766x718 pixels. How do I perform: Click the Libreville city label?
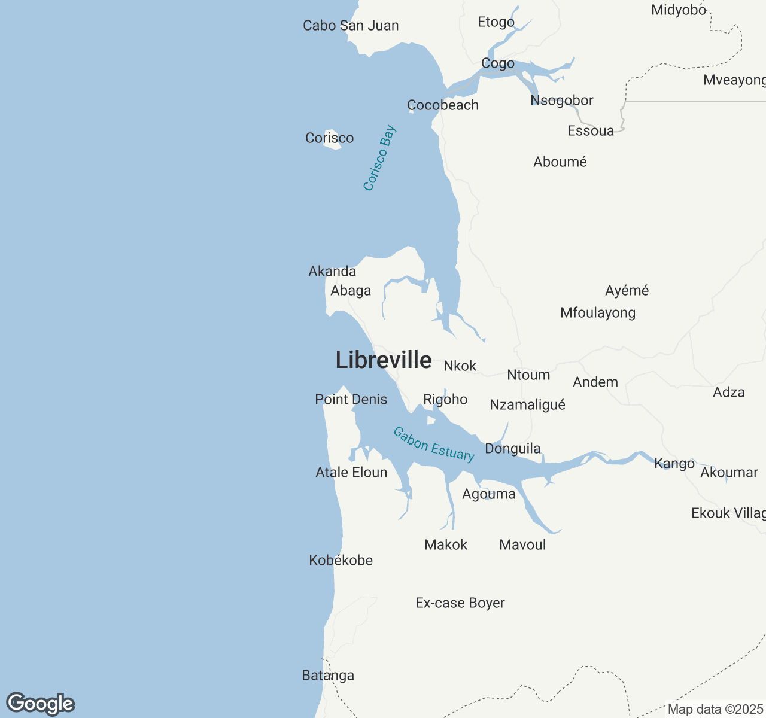click(x=384, y=360)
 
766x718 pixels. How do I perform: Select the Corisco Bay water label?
click(x=380, y=158)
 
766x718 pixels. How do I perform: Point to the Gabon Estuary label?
click(x=434, y=444)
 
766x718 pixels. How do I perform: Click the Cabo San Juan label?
click(x=351, y=26)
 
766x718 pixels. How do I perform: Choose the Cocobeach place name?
click(x=443, y=105)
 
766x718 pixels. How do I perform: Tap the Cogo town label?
click(x=498, y=63)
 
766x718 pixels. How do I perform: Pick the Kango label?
click(x=674, y=464)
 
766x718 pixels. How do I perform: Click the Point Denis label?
click(x=351, y=400)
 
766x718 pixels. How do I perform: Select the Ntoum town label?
click(x=528, y=375)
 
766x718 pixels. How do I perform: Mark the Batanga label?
click(x=328, y=676)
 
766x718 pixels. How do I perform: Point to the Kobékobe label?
click(x=341, y=561)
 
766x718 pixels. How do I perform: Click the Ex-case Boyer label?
click(x=460, y=603)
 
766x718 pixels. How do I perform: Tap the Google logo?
click(x=40, y=704)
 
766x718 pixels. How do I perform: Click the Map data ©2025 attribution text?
click(x=715, y=710)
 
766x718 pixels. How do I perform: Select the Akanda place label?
click(x=332, y=272)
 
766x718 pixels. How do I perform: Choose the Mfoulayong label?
click(x=598, y=313)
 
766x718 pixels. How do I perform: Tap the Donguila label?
click(x=513, y=449)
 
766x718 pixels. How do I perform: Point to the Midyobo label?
click(x=679, y=10)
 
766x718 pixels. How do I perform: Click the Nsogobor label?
click(x=562, y=101)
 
